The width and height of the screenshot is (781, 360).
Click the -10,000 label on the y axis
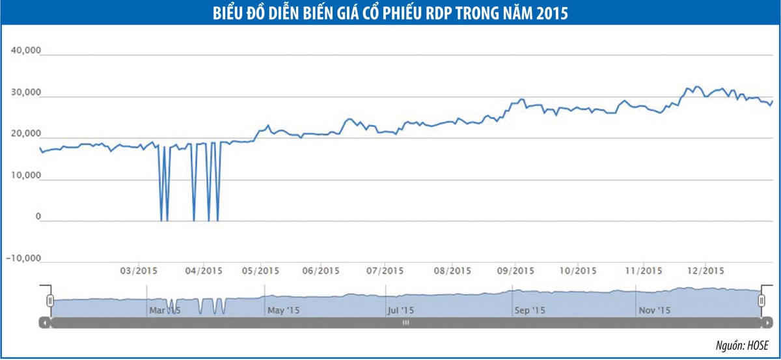[24, 258]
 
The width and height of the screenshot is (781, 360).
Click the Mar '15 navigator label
[165, 311]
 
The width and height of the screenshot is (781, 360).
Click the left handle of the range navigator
[49, 300]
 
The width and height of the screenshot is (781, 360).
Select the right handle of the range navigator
[761, 300]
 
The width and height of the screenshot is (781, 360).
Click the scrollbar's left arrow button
[44, 322]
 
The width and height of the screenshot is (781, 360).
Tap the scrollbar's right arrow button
[767, 322]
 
